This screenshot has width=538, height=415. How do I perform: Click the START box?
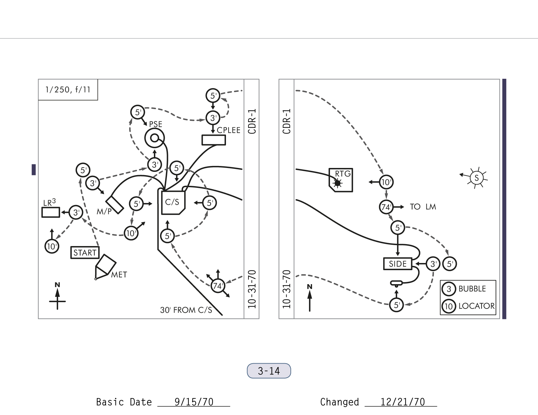(85, 253)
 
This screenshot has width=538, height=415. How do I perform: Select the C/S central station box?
(173, 202)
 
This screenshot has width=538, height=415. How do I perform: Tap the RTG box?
(341, 180)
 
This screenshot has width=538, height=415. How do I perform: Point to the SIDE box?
(397, 264)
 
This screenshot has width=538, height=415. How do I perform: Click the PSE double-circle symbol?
(155, 138)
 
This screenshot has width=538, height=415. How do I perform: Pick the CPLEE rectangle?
(214, 140)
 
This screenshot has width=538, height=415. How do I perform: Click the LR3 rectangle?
(51, 212)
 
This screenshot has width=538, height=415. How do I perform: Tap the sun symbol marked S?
(476, 178)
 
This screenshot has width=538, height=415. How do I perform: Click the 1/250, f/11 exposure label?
(68, 90)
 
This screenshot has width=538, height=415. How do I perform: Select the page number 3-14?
(269, 371)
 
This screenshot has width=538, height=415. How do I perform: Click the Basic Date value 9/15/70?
(194, 402)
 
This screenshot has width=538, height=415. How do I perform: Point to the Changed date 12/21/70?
(402, 402)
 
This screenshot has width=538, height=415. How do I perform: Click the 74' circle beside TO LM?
(386, 207)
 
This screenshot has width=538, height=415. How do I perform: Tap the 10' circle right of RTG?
(386, 182)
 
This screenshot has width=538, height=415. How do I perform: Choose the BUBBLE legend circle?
(449, 289)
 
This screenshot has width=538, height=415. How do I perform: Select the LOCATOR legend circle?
(449, 306)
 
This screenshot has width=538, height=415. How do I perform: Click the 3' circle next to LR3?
(76, 213)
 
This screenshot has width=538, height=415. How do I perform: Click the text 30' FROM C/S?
(186, 310)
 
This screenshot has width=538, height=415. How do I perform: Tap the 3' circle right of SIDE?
(433, 264)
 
